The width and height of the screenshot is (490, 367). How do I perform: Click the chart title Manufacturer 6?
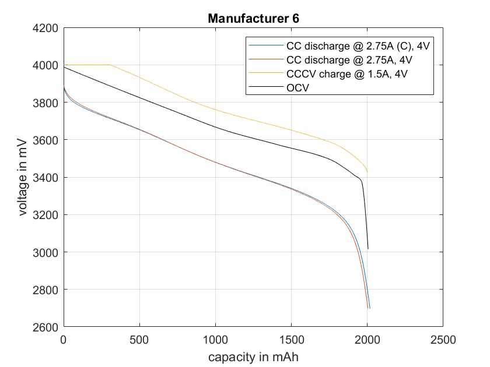[x=253, y=19]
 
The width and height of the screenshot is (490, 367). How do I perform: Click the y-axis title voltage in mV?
[x=23, y=177]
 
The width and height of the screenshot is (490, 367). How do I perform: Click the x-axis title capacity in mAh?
[x=253, y=356]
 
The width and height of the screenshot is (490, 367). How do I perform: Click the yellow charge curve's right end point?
[x=367, y=172]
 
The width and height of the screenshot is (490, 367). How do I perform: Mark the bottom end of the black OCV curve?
[x=367, y=249]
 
